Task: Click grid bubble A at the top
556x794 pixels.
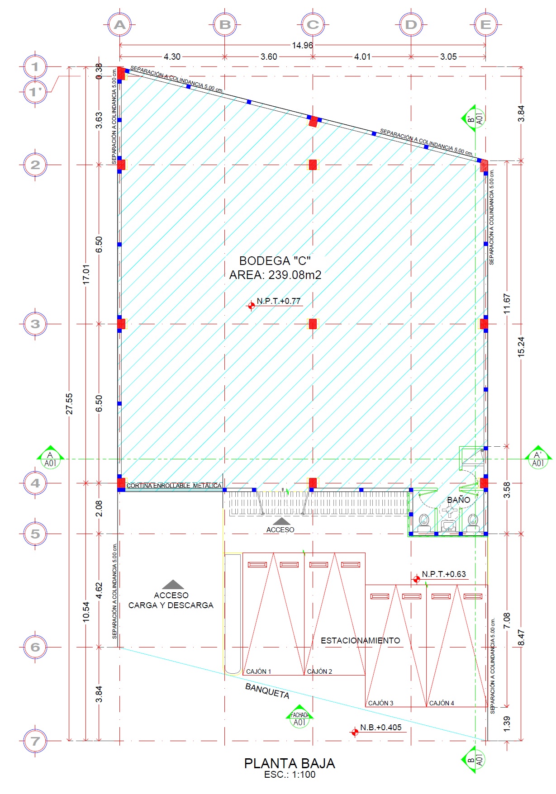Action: coord(119,24)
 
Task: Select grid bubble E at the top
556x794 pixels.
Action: coord(486,24)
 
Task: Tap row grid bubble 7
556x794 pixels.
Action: coord(35,741)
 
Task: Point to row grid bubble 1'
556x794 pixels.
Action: coord(35,92)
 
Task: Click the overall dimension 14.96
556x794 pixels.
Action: coord(302,45)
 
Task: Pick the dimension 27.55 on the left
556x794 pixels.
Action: coord(69,403)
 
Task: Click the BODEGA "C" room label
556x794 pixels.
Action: coord(275,261)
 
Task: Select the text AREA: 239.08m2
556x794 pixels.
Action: coord(275,275)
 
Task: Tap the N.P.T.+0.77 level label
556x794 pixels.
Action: coord(278,301)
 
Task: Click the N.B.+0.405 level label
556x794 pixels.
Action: coord(380,728)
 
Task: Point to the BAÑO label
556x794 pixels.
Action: coord(458,500)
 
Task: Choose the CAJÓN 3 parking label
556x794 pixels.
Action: coord(380,703)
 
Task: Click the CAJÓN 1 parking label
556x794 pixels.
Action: coord(258,671)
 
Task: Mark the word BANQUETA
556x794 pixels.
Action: coord(267,691)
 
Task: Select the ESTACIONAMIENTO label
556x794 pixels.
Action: coord(361,640)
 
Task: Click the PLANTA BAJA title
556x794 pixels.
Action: coord(290,763)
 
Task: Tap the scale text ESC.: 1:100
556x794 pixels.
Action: coord(290,775)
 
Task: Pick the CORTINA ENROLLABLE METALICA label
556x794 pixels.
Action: coord(174,486)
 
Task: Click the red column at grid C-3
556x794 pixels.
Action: coord(313,324)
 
